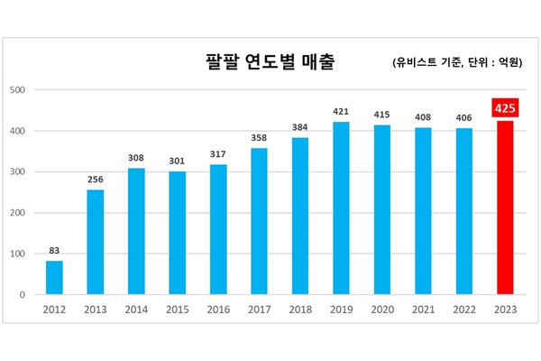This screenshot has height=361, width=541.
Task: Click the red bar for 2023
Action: point(505,207)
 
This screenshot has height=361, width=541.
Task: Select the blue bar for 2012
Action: point(55,277)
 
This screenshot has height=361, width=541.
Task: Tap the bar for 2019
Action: point(342,208)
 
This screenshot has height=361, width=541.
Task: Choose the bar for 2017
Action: point(260,221)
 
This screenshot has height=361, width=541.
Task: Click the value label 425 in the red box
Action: point(504,108)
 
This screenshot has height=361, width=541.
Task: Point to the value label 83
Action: point(55,250)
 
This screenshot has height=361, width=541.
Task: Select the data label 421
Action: point(342,112)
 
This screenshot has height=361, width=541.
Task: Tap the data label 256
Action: point(96,179)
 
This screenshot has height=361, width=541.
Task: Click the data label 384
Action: point(300,127)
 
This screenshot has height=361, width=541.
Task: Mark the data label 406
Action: point(464,117)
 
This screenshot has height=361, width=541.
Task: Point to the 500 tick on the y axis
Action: point(16,90)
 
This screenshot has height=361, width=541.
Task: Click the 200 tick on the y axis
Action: point(16,213)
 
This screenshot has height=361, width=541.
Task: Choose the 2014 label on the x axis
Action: point(137,310)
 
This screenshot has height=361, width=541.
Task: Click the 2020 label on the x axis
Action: point(382,310)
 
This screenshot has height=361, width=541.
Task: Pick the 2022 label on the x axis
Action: point(464,310)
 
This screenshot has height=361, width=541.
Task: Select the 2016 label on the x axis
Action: point(219,310)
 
